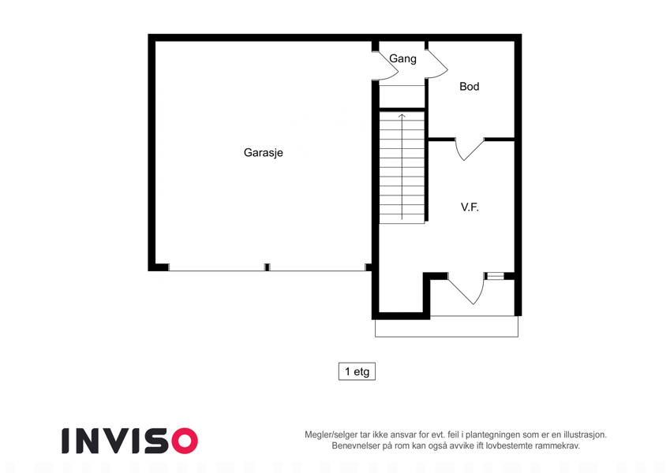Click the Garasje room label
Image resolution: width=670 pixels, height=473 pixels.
[264, 152]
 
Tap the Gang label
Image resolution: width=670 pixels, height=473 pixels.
[402, 58]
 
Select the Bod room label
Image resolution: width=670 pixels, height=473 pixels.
[470, 86]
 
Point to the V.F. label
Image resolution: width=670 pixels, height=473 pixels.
[470, 207]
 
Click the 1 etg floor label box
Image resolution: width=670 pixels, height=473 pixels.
[357, 371]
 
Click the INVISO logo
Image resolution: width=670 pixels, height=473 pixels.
[130, 441]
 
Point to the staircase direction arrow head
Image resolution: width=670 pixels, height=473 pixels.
[402, 116]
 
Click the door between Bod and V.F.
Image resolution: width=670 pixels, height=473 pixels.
[470, 149]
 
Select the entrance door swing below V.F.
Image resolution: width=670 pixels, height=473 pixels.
[466, 289]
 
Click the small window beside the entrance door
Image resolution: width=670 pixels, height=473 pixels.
[496, 276]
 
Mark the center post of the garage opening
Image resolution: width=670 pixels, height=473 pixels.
[267, 267]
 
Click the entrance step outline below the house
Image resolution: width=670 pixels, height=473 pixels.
[447, 326]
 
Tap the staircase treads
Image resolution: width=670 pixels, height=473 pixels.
[402, 167]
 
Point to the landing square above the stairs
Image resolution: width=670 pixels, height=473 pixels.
[402, 96]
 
